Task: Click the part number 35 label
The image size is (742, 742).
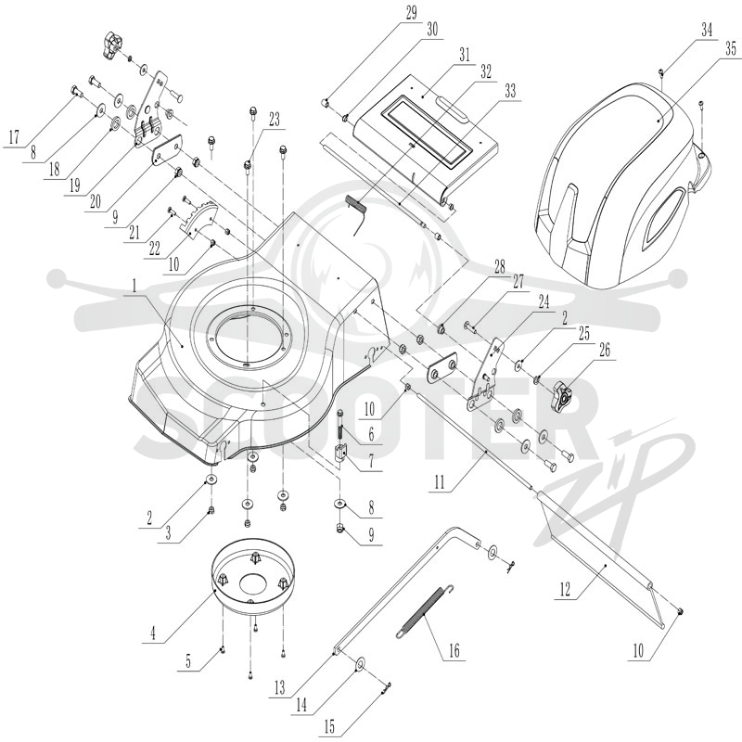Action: click(731, 48)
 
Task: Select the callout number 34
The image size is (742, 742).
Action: click(707, 31)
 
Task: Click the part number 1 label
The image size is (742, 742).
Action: click(134, 286)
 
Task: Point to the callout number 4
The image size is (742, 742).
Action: click(153, 633)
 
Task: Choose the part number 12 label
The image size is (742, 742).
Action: click(565, 590)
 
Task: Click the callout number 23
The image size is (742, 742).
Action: click(275, 120)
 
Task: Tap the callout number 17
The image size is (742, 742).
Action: click(14, 137)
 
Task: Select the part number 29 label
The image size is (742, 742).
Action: click(411, 13)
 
